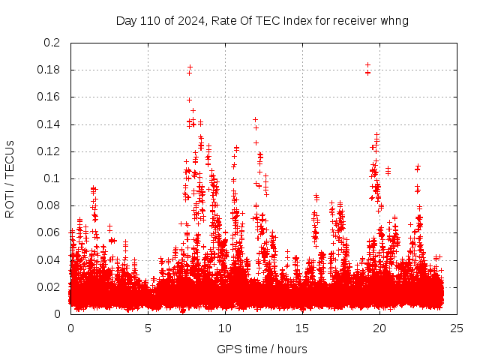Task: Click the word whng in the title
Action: tap(395, 20)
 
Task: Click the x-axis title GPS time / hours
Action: tap(262, 349)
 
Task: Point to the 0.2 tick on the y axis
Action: tap(52, 43)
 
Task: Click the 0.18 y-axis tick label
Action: tap(49, 70)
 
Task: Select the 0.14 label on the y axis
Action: tap(49, 124)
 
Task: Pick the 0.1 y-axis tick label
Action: tap(52, 178)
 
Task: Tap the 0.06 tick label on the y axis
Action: tap(49, 232)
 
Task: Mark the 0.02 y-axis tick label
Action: tap(49, 287)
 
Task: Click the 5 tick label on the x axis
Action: tap(148, 328)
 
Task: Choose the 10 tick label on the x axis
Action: tap(225, 328)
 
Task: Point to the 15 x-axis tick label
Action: tap(302, 328)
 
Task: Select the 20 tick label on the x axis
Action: tap(379, 328)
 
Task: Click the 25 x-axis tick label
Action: tap(457, 328)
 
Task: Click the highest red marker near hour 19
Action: tap(367, 65)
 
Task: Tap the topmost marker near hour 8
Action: tap(190, 67)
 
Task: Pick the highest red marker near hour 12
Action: tap(255, 119)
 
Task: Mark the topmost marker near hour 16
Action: tap(316, 196)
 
